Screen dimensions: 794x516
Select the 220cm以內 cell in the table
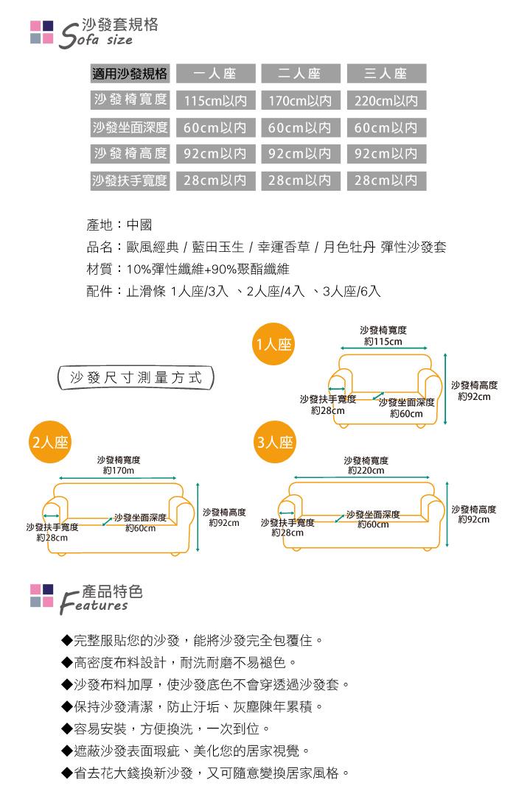tap(386, 101)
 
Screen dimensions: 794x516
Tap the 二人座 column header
tap(300, 74)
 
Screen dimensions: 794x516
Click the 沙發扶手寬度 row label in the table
tap(130, 180)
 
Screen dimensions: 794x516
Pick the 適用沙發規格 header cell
tap(130, 74)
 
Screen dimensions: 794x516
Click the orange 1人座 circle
tap(273, 344)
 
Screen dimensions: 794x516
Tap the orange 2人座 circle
tap(49, 443)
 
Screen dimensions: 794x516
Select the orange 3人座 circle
tap(273, 443)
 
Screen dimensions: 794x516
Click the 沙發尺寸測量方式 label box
tap(136, 378)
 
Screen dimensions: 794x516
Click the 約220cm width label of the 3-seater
tap(366, 470)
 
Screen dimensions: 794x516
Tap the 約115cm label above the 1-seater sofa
tap(383, 341)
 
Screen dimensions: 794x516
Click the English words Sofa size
tap(96, 39)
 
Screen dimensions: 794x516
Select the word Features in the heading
tap(96, 605)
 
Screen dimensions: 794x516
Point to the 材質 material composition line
tap(188, 270)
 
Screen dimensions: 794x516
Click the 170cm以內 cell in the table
tap(300, 101)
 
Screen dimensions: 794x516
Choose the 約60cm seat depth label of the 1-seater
tap(406, 413)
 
